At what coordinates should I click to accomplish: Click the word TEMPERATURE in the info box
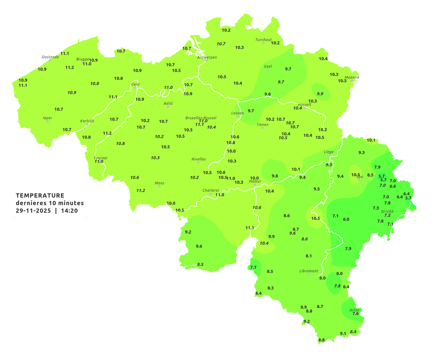tap(40, 195)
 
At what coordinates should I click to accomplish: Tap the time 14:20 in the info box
tap(69, 211)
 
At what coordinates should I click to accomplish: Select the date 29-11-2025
tap(33, 211)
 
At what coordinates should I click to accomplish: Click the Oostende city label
tap(50, 57)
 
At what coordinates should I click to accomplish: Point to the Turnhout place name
tap(263, 40)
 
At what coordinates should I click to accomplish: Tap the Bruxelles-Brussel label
tap(201, 118)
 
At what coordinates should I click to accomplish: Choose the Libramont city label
tap(308, 271)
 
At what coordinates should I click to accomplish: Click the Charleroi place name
tap(210, 190)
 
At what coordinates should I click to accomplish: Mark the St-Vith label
tap(387, 211)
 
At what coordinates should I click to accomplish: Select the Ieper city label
tap(47, 118)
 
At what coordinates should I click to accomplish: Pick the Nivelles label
tap(198, 159)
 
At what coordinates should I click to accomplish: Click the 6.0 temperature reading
tap(346, 219)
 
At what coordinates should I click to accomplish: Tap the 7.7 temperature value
tap(253, 267)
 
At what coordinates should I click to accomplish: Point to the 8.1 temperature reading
tap(308, 256)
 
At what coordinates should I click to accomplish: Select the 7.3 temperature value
tap(375, 208)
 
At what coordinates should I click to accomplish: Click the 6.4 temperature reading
tap(406, 194)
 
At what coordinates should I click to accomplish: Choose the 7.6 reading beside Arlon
tap(355, 314)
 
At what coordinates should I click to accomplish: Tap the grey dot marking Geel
tap(268, 70)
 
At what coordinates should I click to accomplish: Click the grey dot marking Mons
tap(159, 186)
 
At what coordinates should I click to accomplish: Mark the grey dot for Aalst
tap(168, 107)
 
